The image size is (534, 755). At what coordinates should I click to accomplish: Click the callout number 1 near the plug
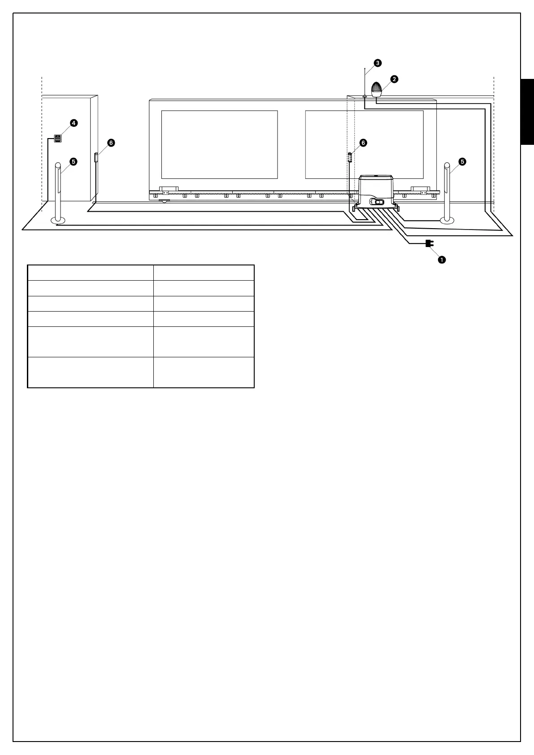pos(442,259)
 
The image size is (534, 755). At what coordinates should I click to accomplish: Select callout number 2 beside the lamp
pos(394,79)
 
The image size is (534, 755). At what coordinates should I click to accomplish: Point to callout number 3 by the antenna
pos(378,63)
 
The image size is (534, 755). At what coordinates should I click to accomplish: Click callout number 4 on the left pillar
pos(73,122)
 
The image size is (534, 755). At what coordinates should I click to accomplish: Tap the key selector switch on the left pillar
pos(57,138)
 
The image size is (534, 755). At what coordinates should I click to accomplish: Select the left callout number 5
pos(73,161)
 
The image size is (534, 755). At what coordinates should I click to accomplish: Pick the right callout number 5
pos(462,161)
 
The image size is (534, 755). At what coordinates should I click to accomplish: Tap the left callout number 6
pos(111,143)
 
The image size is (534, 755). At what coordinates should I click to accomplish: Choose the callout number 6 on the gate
pos(363,143)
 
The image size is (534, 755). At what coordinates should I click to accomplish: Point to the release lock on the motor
pos(377,202)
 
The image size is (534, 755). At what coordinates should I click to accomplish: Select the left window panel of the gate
pos(219,144)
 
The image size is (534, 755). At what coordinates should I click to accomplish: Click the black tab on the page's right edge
pos(527,112)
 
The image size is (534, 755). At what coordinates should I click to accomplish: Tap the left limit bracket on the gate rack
pos(169,189)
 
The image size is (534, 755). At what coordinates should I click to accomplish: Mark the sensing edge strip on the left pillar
pos(96,158)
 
